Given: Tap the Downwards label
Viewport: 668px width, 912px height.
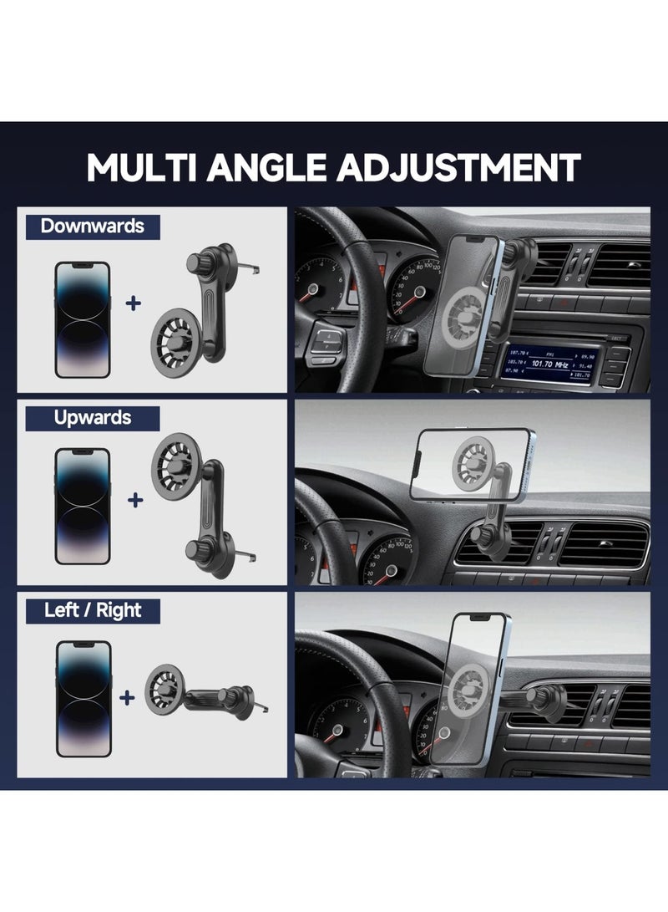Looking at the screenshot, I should coord(92,226).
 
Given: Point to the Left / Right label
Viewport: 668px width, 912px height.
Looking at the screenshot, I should coord(93,610).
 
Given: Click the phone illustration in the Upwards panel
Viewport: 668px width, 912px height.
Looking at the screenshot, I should coord(82,506).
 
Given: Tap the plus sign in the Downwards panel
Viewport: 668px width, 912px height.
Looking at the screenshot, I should coord(134,303).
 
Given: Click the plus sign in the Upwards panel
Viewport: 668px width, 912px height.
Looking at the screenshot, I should coord(134,501).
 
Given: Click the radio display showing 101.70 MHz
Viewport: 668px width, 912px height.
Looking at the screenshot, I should coord(549,364).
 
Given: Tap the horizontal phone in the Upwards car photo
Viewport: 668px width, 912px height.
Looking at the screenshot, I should coord(473,462).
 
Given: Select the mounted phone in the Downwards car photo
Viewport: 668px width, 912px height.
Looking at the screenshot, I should coord(468,306).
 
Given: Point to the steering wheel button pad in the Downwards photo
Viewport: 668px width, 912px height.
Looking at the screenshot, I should coord(326,342).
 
